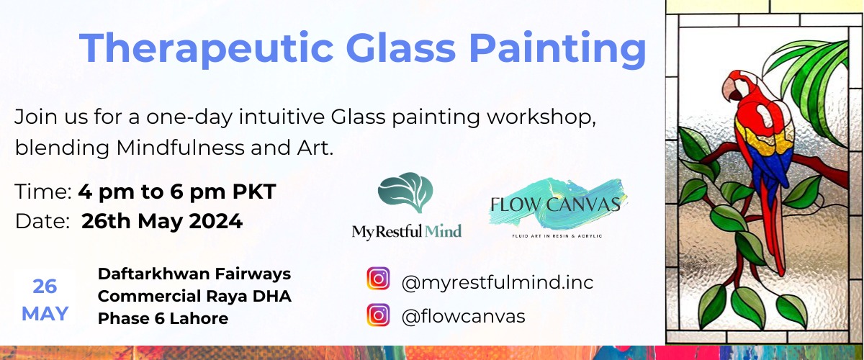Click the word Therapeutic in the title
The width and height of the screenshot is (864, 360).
click(207, 48)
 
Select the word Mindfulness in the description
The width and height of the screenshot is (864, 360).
click(181, 148)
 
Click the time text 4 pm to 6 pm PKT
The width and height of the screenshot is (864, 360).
click(177, 192)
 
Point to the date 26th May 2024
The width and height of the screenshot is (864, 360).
click(162, 222)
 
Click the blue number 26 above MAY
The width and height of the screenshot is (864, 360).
click(45, 287)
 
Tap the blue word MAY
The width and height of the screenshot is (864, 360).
click(45, 314)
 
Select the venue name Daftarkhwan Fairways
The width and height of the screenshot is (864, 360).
click(194, 274)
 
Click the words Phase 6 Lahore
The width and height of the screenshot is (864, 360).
click(163, 318)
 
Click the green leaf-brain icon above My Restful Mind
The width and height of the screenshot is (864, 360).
click(405, 192)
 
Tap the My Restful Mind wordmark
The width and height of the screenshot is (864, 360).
click(407, 232)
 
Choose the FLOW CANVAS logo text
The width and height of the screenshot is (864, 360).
click(555, 204)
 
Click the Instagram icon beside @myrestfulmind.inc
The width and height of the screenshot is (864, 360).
click(378, 278)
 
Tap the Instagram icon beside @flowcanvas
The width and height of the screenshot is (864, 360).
click(378, 315)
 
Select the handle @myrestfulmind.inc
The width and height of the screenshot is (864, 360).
click(498, 282)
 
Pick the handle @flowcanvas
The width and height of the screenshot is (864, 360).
click(463, 316)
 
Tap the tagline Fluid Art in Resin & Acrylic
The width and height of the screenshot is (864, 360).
click(557, 235)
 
